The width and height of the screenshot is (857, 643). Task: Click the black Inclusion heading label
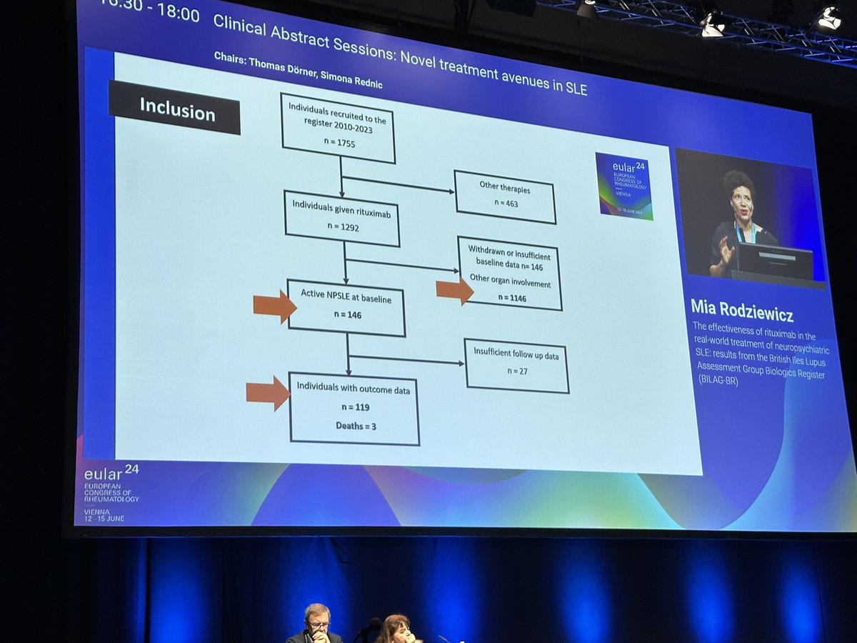[175, 109]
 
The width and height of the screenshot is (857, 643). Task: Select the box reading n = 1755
[338, 128]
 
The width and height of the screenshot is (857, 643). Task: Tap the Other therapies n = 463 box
[504, 196]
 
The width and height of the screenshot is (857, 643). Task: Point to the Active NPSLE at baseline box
[346, 307]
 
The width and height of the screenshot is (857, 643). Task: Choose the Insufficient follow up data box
[516, 364]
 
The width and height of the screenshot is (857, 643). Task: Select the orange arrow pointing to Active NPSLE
[274, 306]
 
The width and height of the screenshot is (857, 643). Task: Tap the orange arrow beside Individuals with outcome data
[268, 393]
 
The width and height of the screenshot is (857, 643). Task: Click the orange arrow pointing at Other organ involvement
[455, 290]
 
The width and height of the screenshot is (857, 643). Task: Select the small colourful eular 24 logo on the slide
[623, 185]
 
